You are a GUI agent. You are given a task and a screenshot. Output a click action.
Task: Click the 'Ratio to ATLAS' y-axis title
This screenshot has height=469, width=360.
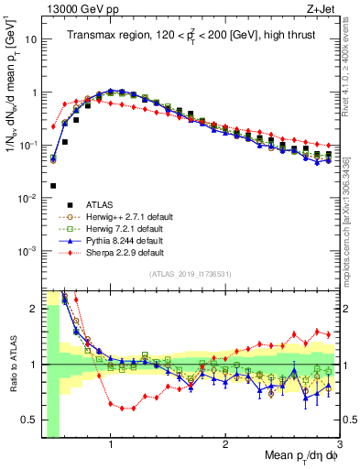coord(13,365)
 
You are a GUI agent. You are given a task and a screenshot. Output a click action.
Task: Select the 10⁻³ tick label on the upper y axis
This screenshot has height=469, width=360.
coord(27,251)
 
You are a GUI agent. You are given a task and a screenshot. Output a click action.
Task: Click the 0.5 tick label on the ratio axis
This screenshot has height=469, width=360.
coord(29,421)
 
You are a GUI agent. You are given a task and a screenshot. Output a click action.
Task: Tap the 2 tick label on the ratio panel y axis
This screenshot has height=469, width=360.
coord(33,308)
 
